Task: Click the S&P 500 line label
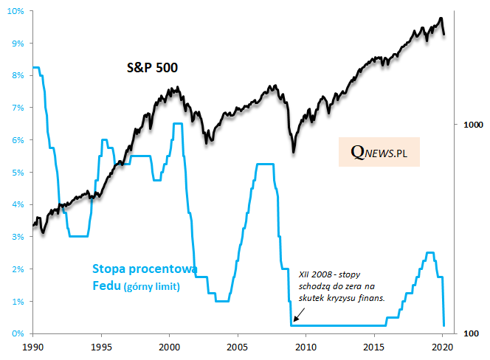pos(151,68)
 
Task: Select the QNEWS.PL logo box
pos(380,151)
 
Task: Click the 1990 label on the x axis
pos(32,345)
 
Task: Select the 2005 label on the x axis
pos(237,345)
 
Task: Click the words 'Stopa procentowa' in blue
pos(143,269)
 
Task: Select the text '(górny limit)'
pos(152,285)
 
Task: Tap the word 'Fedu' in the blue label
pos(106,285)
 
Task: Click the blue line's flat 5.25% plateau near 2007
pos(264,164)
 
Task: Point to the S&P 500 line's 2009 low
pos(294,152)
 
